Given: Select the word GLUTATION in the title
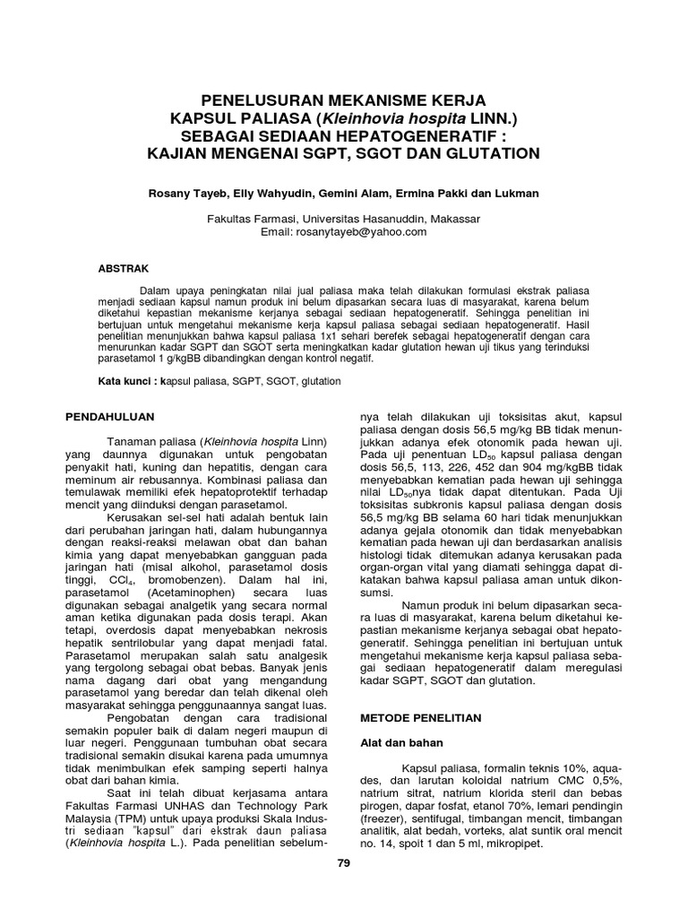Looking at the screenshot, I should click(x=494, y=153).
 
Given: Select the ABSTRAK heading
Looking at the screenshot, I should click(x=124, y=268).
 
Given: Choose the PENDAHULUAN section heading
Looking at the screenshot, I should click(x=112, y=417).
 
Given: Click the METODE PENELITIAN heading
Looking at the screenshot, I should click(x=420, y=718).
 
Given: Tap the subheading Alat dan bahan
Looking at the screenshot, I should click(x=395, y=743).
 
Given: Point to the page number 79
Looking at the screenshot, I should click(x=343, y=862).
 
